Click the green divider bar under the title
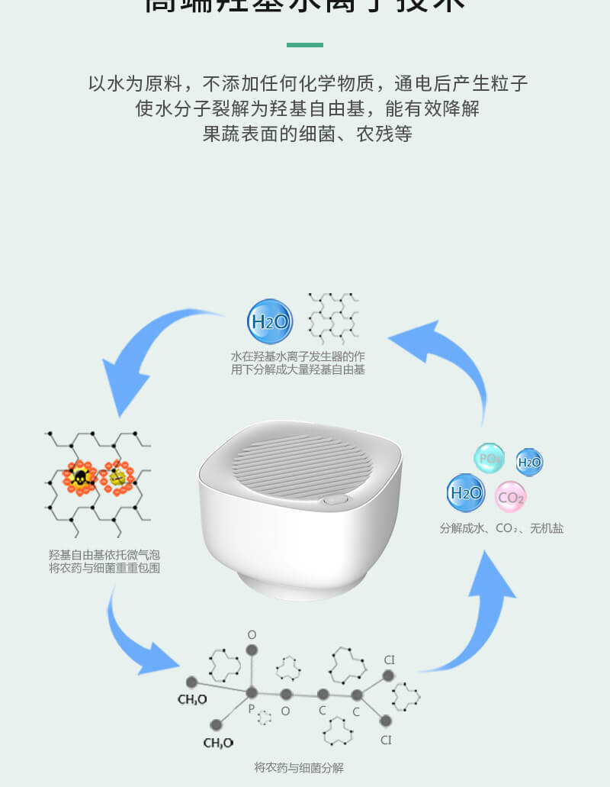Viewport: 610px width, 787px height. [305, 45]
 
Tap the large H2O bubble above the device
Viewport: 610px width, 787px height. [270, 321]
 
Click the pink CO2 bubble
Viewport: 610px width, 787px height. [510, 498]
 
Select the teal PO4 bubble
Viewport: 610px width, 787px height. [490, 458]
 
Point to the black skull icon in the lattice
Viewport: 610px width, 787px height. [79, 478]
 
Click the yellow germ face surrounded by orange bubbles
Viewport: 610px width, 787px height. [118, 477]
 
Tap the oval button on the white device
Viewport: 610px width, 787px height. [333, 501]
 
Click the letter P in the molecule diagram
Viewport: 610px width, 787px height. [251, 708]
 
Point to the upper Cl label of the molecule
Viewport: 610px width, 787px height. [389, 660]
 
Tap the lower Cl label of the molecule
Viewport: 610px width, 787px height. [386, 740]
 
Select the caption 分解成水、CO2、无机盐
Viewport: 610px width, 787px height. [501, 528]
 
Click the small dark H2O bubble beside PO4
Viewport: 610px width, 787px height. [529, 462]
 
